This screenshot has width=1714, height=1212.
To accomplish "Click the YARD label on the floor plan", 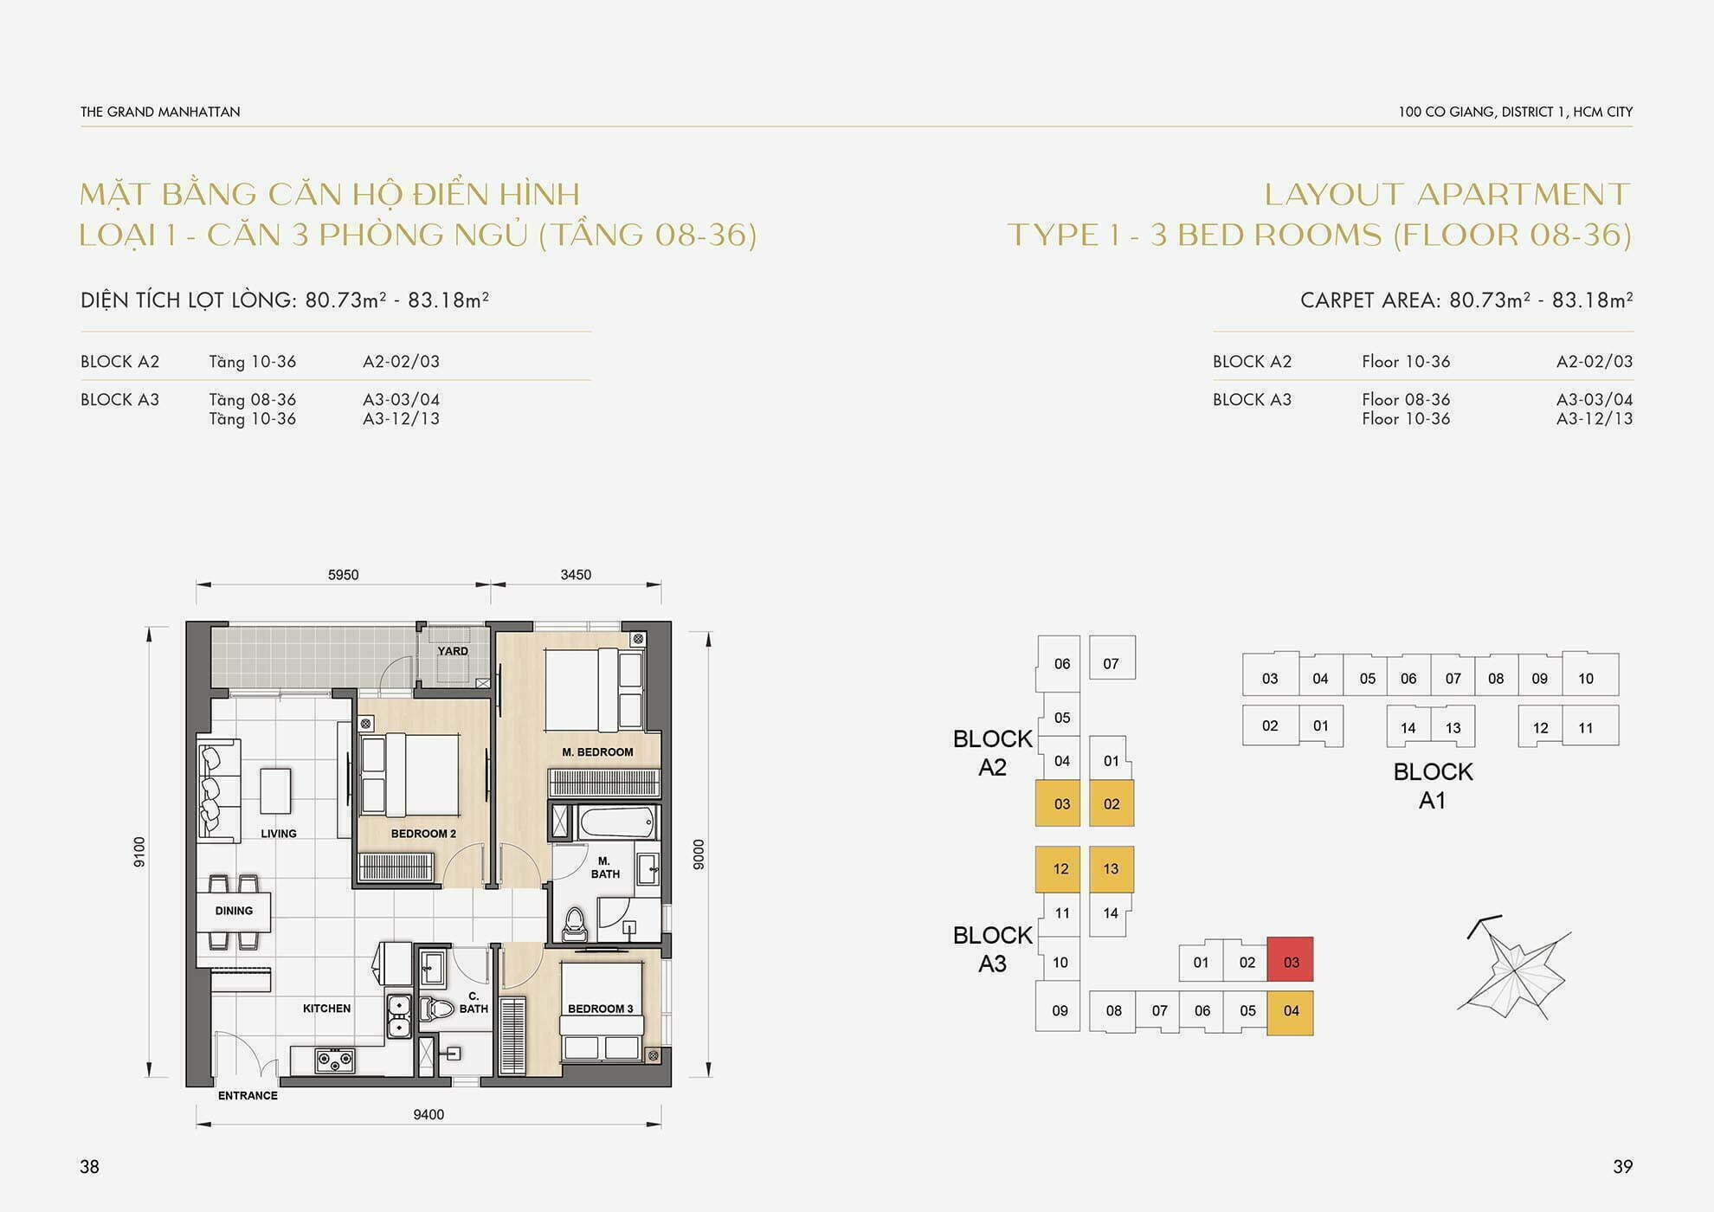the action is [453, 651].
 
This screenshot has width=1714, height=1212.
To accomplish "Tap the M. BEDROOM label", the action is [597, 752].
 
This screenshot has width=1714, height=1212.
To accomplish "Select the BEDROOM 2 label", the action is [423, 834].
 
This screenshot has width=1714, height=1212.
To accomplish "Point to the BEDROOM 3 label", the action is [600, 1009].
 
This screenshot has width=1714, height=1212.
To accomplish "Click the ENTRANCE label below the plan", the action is [248, 1096].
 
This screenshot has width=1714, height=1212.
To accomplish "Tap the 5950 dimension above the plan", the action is [343, 575].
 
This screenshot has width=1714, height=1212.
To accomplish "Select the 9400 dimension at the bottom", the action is [428, 1115].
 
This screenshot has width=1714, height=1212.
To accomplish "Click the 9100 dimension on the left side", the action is [139, 852].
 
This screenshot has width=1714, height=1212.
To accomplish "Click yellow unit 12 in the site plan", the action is [1059, 869].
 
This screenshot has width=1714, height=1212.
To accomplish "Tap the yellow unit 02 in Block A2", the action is [1112, 803].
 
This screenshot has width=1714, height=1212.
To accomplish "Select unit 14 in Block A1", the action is [1408, 726].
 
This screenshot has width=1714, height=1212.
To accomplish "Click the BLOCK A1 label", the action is [1433, 785].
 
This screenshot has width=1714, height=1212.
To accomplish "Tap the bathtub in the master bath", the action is [617, 822].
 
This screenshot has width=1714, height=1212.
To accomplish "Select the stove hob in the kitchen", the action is [335, 1059].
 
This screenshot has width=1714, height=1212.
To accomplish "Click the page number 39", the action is [1622, 1167].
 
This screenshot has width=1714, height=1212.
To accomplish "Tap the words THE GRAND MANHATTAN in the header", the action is [160, 112].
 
